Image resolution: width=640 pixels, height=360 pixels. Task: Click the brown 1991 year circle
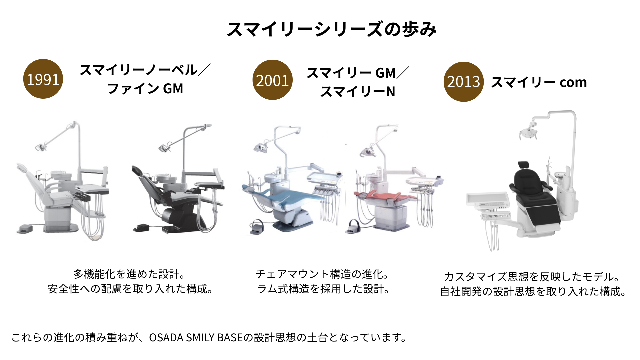(43, 79)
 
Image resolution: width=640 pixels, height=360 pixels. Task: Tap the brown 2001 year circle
(272, 80)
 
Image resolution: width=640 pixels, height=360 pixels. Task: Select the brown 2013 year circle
(463, 82)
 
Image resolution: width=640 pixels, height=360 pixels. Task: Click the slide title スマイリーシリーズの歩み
(332, 29)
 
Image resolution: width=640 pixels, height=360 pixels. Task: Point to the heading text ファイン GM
(145, 89)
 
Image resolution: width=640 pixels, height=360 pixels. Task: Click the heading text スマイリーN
(358, 91)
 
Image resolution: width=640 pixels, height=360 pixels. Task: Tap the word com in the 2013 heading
(573, 82)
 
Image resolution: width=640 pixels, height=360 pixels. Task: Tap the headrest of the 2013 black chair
(523, 165)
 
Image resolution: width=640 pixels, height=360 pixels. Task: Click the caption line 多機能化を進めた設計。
(129, 274)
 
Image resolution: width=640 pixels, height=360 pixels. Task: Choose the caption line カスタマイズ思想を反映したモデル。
(532, 277)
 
